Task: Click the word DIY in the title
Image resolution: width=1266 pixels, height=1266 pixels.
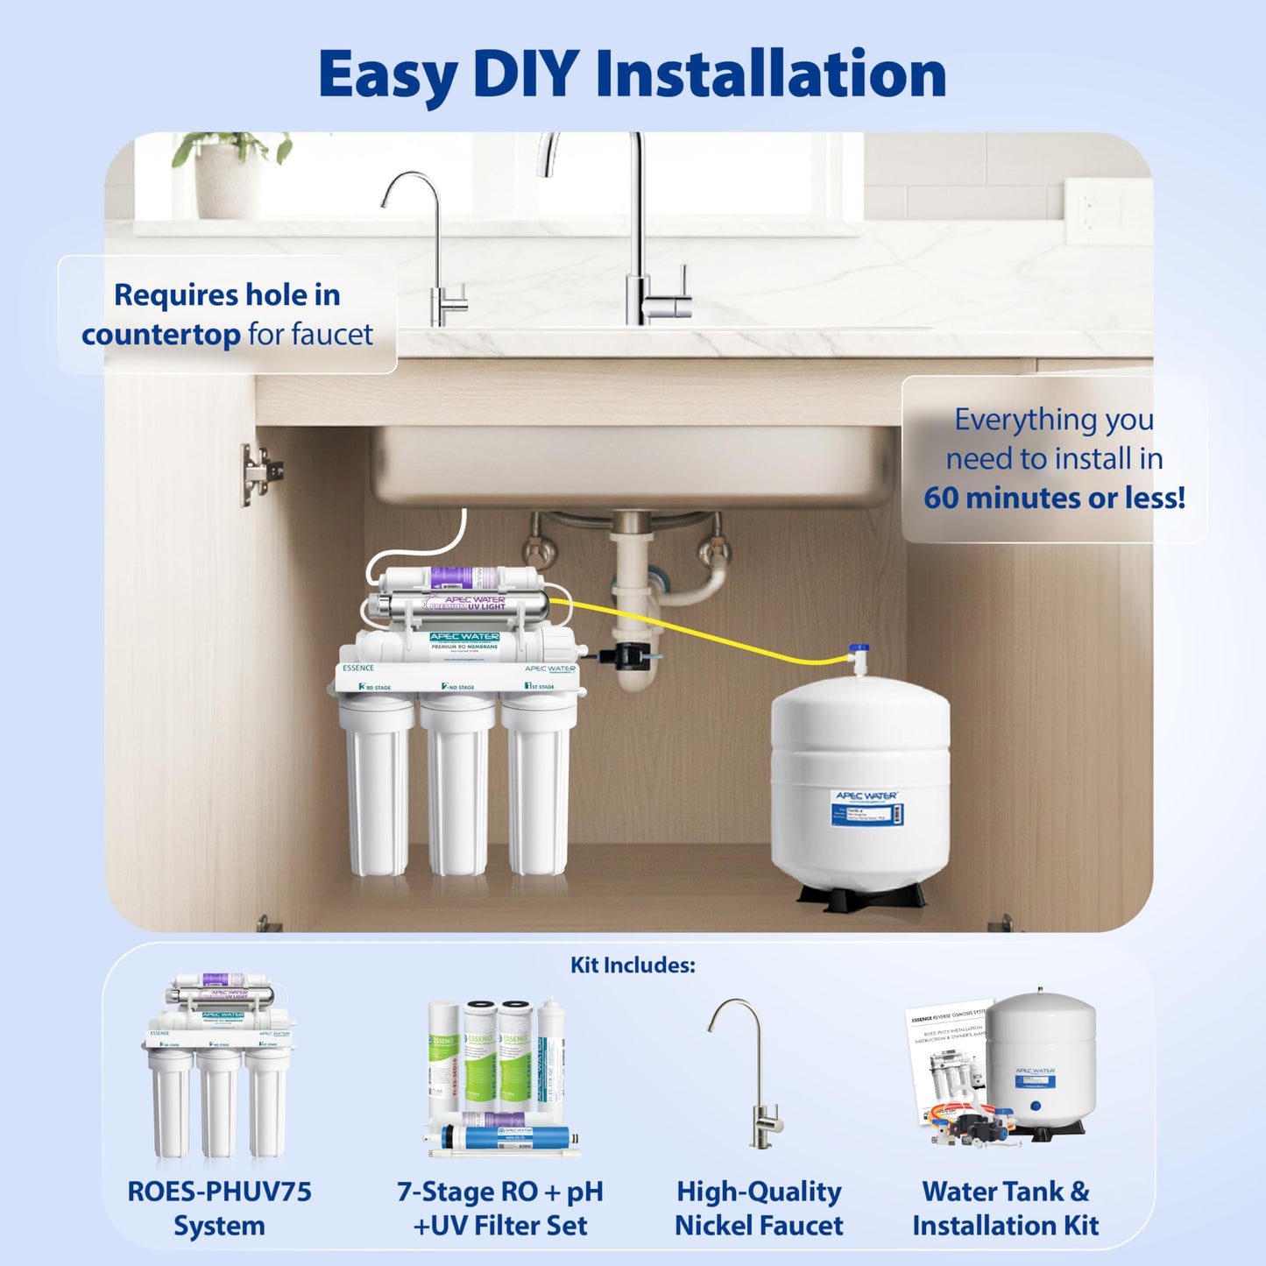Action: click(524, 74)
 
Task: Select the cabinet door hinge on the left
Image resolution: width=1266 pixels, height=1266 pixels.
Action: click(259, 473)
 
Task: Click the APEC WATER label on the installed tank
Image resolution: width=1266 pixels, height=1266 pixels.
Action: click(866, 796)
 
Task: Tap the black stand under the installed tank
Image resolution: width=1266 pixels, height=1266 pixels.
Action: click(861, 896)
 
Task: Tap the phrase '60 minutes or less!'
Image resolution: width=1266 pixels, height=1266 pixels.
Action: click(1054, 498)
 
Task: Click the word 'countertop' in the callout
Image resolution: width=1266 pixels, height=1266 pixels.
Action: click(161, 335)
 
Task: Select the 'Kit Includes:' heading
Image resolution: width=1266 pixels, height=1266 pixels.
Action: click(633, 965)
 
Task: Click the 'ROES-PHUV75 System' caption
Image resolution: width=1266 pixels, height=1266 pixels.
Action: click(219, 1208)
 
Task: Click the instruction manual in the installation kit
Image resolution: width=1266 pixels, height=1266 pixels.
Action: click(946, 1051)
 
